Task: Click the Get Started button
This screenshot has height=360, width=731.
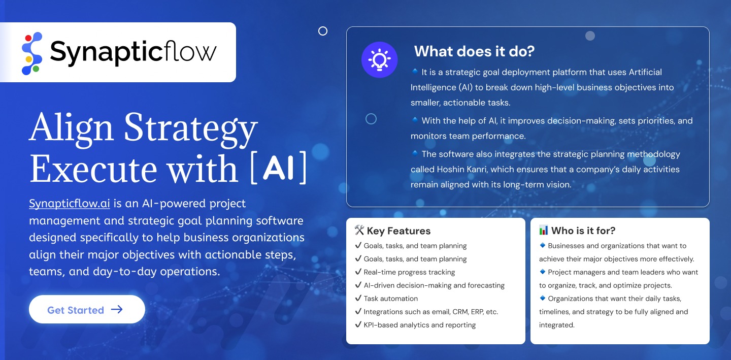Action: [87, 309]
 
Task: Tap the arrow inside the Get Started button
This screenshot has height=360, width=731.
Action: [117, 309]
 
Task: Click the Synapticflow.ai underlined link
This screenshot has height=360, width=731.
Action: [69, 203]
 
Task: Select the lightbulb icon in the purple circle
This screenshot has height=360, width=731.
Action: [379, 60]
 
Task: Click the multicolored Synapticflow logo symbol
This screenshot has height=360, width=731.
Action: [31, 53]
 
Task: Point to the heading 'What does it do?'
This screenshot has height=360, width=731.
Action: [474, 51]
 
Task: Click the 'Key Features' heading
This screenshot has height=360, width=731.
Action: [398, 231]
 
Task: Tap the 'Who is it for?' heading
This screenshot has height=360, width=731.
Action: [583, 231]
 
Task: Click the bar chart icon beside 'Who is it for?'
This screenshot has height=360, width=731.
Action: [543, 230]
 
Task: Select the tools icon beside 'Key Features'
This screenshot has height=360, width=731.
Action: [359, 230]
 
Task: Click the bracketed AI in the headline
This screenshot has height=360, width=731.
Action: [278, 168]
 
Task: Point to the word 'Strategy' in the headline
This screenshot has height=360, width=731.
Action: [191, 128]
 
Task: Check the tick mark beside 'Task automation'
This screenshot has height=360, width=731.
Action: [358, 298]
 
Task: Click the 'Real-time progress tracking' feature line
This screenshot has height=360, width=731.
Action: [409, 272]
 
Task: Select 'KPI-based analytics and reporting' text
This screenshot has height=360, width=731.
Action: [420, 325]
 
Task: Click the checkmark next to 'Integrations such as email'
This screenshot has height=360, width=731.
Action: [358, 311]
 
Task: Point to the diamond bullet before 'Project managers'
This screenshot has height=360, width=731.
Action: [543, 272]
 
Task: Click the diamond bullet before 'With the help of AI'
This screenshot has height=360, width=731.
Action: [415, 120]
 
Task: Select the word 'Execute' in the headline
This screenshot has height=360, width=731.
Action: [93, 169]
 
